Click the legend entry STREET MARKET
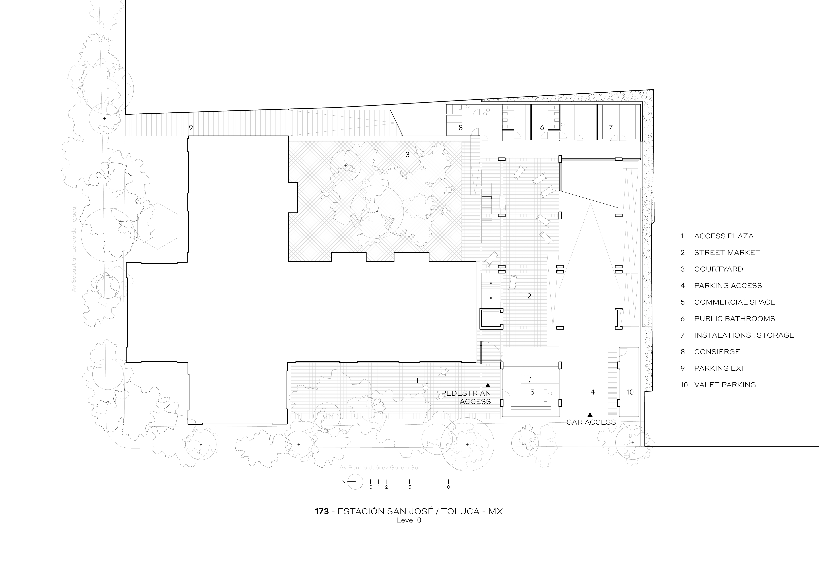[727, 252]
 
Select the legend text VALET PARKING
[725, 385]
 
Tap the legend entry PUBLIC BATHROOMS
[734, 319]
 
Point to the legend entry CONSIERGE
[717, 352]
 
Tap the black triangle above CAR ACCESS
[590, 414]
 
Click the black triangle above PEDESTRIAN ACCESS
[488, 385]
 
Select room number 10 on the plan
[630, 392]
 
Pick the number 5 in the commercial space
[532, 392]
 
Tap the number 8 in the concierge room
[460, 127]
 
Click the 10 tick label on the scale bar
[447, 487]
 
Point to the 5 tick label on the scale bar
[410, 487]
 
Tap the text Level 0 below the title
[409, 520]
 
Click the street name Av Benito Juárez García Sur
[380, 468]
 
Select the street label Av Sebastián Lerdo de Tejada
[74, 249]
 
